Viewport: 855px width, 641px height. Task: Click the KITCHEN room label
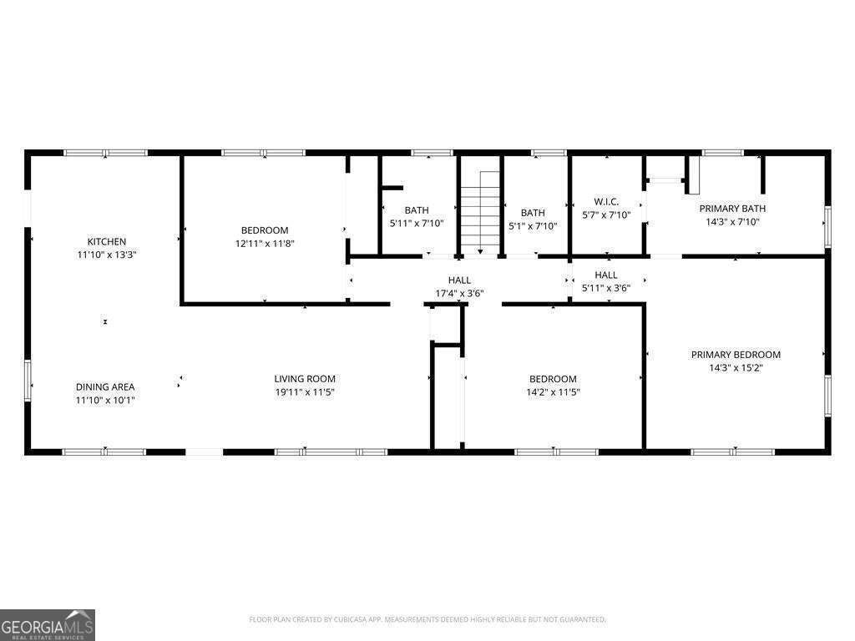pos(107,241)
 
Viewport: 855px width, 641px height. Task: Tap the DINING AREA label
pos(105,387)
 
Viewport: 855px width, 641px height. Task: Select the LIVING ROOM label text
pos(305,379)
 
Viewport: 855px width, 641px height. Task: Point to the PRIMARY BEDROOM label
pos(736,355)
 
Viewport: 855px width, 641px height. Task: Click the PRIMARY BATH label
pos(732,209)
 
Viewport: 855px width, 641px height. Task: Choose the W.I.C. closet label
pos(606,202)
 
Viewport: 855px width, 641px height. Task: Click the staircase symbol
pos(480,213)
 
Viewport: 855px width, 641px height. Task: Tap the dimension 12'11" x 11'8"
pos(265,244)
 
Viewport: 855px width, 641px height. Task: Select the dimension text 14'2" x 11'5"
pos(553,392)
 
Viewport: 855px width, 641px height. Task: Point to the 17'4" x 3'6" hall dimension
pos(459,293)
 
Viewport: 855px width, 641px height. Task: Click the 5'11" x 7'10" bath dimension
pos(417,224)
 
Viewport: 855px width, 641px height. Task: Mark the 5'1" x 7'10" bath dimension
pos(533,226)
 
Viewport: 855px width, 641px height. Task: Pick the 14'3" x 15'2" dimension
pos(736,368)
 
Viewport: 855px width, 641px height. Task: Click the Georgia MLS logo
pos(48,625)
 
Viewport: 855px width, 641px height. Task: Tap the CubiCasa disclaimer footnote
pos(427,620)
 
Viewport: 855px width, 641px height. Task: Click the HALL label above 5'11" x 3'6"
pos(606,275)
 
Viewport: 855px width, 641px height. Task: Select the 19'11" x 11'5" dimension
pos(305,392)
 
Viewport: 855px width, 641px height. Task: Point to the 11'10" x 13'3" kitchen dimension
pos(107,255)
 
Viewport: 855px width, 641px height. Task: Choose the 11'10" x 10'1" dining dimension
pos(105,400)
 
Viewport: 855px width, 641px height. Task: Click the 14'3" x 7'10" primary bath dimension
pos(732,222)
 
